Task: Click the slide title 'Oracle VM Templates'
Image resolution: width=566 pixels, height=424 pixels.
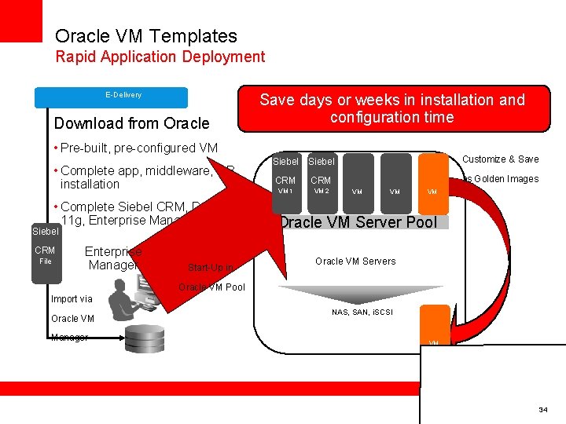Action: coord(145,36)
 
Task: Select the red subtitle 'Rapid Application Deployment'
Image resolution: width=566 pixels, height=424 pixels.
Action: coord(160,57)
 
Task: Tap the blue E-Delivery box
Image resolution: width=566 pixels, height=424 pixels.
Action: coord(111,97)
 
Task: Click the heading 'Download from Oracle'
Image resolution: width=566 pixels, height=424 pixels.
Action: coord(131,123)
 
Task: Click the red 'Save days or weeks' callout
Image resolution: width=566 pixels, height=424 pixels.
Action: coord(391,108)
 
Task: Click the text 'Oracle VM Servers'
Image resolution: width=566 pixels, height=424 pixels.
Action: coord(355,261)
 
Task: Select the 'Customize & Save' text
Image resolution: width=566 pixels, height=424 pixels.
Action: coord(500,159)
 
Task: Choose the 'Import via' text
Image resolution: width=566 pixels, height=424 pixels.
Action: coord(72,299)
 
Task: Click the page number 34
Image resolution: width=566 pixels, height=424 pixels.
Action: coord(542,411)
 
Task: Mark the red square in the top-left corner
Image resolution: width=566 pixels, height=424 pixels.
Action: coord(20,20)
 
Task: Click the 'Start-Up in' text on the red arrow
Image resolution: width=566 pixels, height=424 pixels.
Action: coord(210,268)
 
